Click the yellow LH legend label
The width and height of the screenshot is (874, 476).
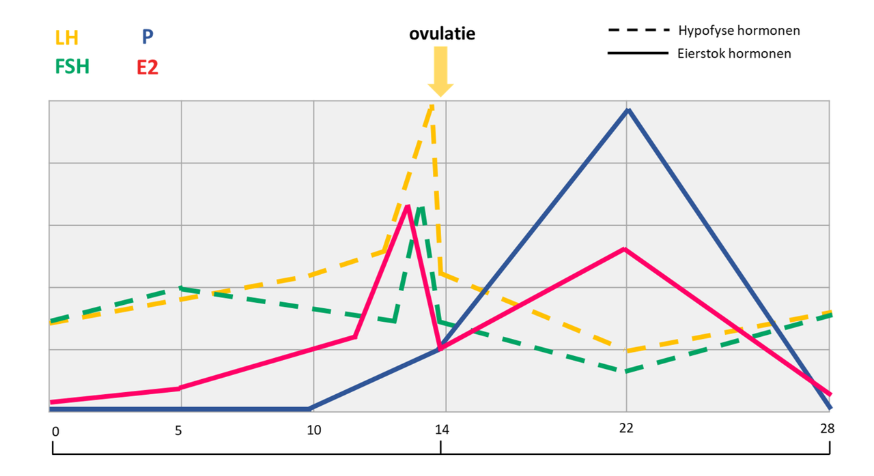click(66, 37)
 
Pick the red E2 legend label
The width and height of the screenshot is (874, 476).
click(147, 68)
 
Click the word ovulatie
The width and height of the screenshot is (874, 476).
click(442, 33)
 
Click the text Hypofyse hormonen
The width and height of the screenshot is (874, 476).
click(739, 31)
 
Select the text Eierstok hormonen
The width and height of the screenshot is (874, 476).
click(735, 53)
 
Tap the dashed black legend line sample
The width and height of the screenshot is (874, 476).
click(637, 31)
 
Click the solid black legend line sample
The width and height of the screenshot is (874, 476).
click(637, 53)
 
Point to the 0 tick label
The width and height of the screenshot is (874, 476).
click(55, 431)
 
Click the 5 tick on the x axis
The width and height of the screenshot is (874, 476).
click(178, 431)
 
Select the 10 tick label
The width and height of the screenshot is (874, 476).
click(313, 431)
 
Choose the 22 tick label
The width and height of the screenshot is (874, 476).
click(626, 428)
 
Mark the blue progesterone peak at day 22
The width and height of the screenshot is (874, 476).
click(628, 110)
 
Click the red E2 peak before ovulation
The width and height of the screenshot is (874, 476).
click(407, 206)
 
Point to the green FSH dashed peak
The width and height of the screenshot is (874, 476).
click(421, 209)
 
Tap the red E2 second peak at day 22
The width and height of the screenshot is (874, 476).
click(625, 250)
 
